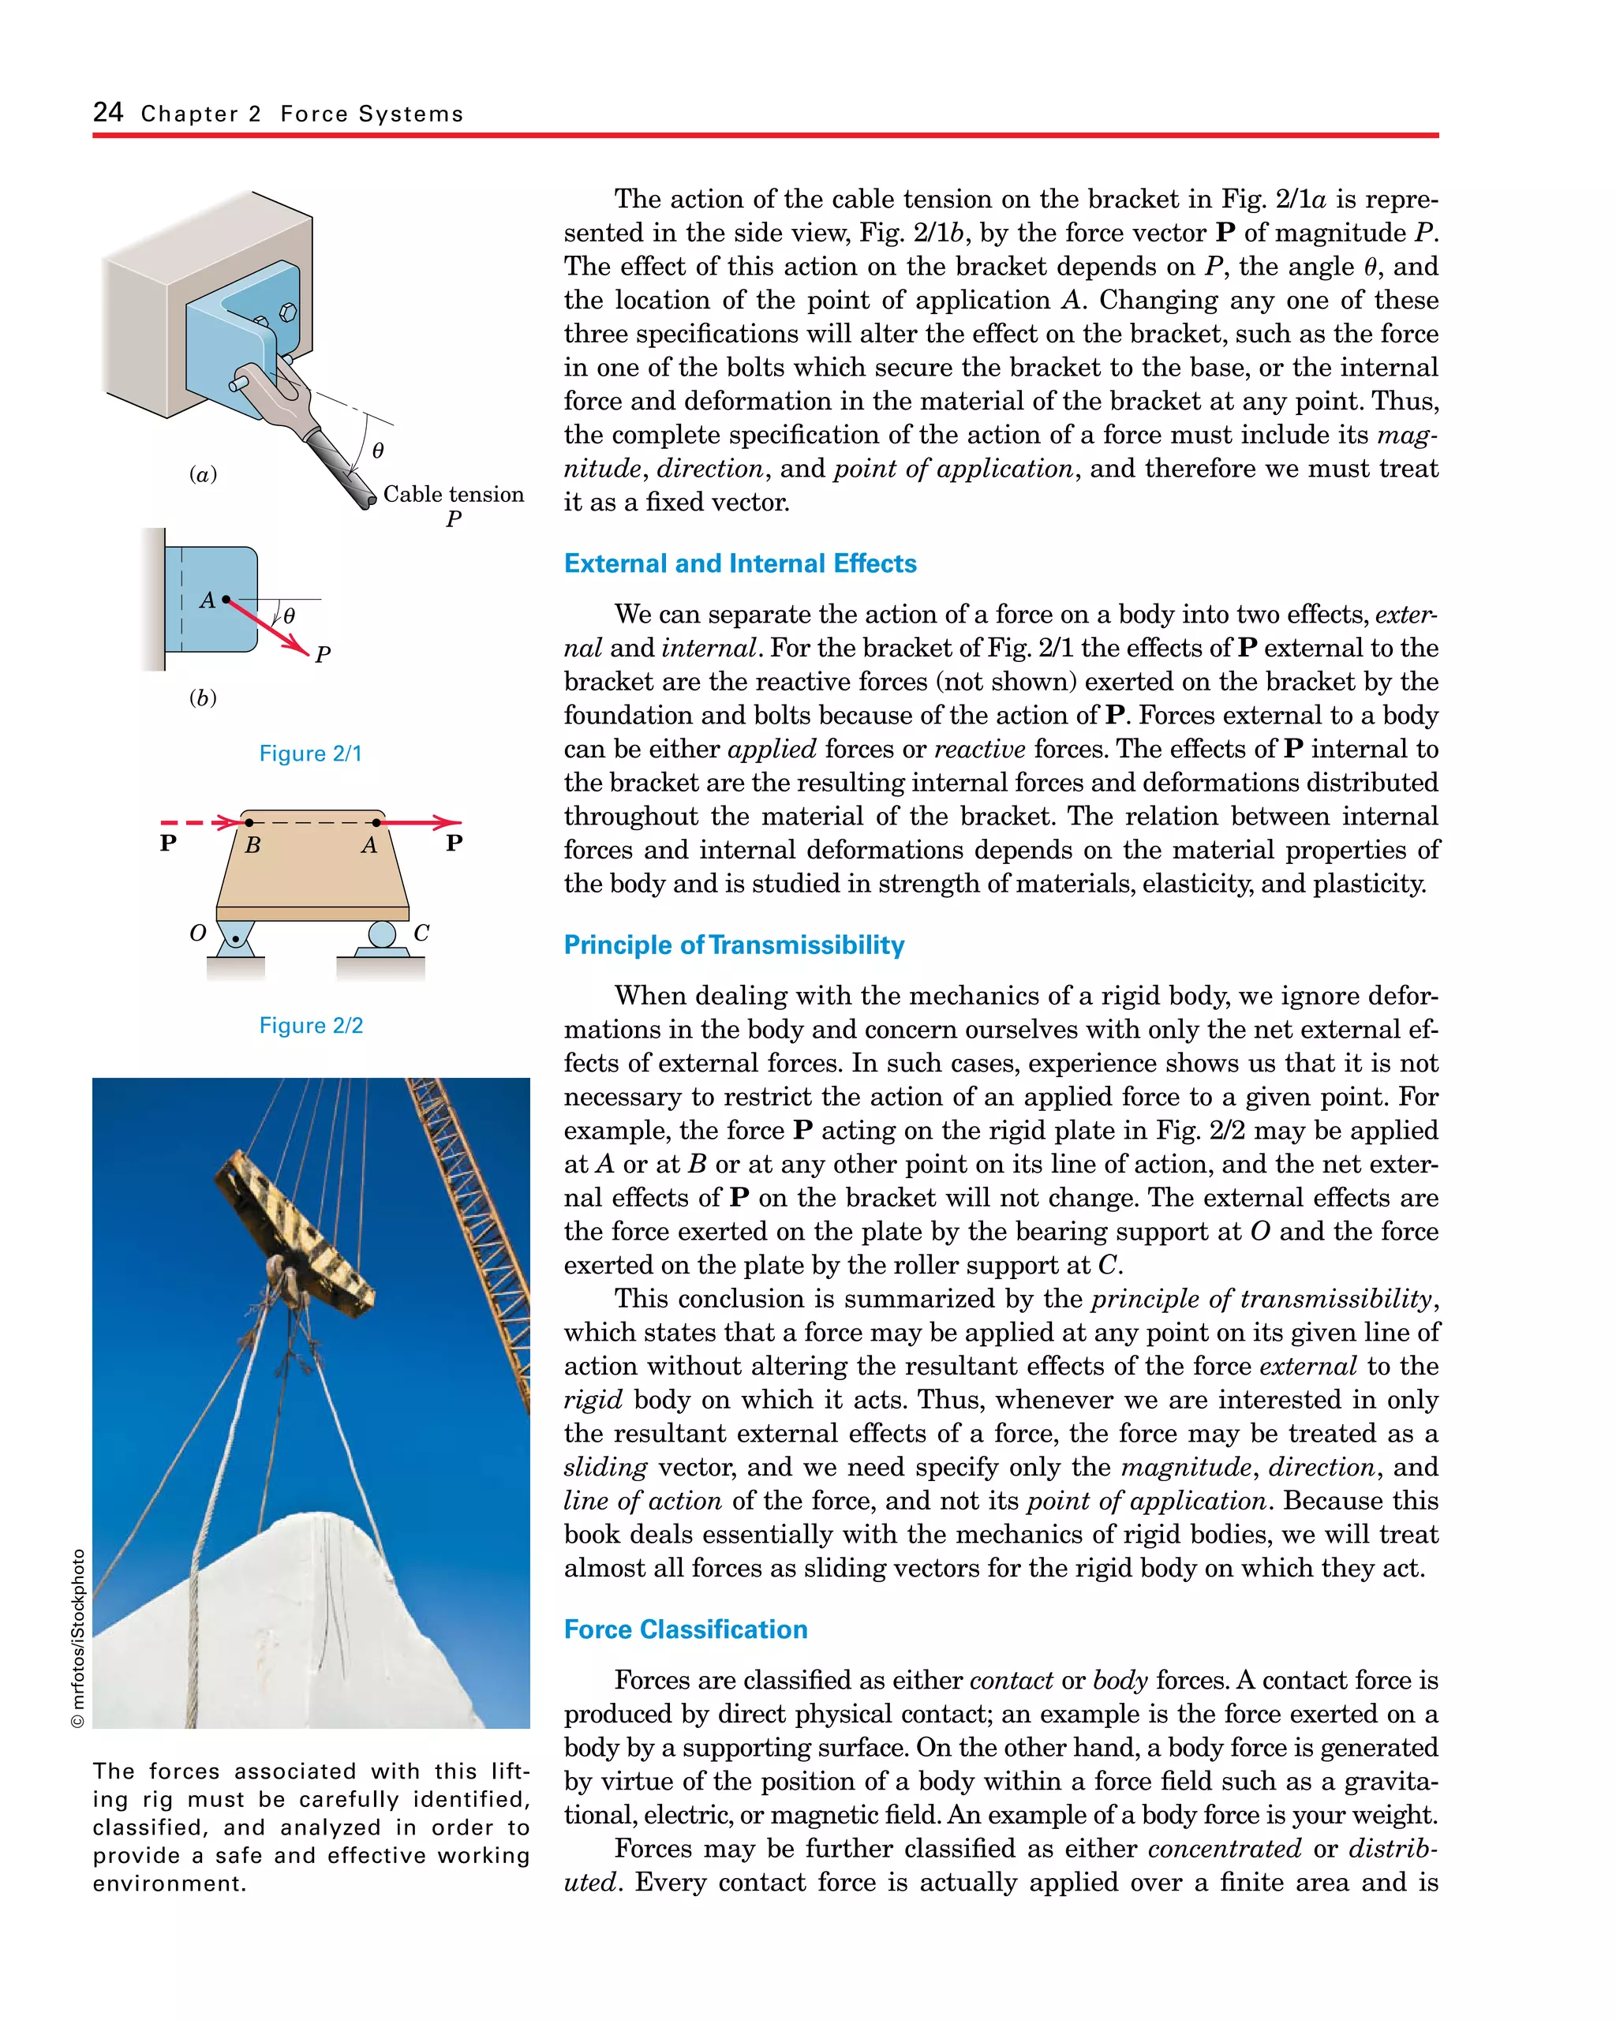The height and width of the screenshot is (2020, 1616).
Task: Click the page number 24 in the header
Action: coord(108,112)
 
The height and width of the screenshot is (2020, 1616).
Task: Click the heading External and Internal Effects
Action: coord(739,563)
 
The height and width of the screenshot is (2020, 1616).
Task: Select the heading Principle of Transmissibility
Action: coord(734,945)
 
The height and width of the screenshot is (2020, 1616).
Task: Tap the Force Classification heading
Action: coord(685,1629)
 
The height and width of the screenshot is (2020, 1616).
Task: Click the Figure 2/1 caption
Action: coord(310,754)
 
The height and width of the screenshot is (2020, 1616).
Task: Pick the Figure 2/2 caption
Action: coord(310,1025)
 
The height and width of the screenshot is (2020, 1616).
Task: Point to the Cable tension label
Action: coord(454,495)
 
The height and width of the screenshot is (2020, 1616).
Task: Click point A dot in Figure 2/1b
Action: coord(226,599)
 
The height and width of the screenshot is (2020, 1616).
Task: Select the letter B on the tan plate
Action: coord(252,845)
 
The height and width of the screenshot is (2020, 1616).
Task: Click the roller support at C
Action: coord(381,935)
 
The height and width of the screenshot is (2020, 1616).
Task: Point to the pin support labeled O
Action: coord(235,938)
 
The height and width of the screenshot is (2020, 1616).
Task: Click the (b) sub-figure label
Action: coord(202,698)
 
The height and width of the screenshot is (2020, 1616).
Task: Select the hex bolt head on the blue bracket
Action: coord(289,311)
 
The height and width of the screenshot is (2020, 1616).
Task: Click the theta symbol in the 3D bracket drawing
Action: coord(377,451)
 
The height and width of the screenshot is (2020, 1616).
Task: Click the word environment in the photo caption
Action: coord(168,1883)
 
